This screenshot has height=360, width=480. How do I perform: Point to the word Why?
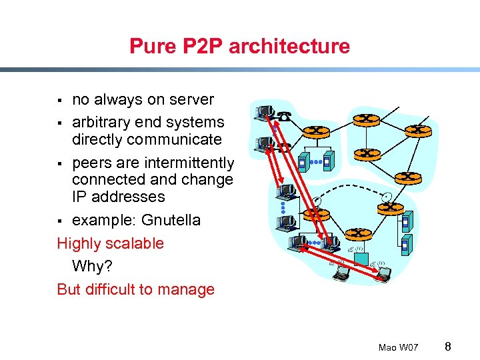(93, 267)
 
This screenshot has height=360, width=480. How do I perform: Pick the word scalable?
(133, 243)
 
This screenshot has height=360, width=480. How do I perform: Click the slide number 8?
(448, 346)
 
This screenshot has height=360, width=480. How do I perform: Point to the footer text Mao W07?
(398, 347)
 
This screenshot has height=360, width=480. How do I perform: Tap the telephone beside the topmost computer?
(285, 115)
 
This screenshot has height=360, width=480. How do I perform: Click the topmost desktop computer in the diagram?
(264, 111)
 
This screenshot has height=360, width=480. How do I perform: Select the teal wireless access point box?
(361, 259)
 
